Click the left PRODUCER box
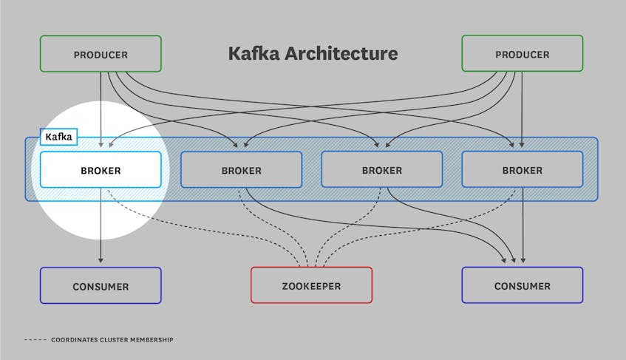pyautogui.click(x=101, y=54)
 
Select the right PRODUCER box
pyautogui.click(x=522, y=54)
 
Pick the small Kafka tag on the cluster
pyautogui.click(x=58, y=137)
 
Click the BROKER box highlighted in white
pyautogui.click(x=101, y=170)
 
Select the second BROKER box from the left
pyautogui.click(x=241, y=170)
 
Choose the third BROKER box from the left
pyautogui.click(x=381, y=170)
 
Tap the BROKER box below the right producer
pyautogui.click(x=522, y=170)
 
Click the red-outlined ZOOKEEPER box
pyautogui.click(x=311, y=285)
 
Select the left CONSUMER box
pyautogui.click(x=101, y=285)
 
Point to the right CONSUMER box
pyautogui.click(x=522, y=285)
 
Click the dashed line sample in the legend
pyautogui.click(x=35, y=339)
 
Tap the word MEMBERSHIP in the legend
pyautogui.click(x=147, y=339)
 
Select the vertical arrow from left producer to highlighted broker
pyautogui.click(x=101, y=111)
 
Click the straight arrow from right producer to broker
pyautogui.click(x=523, y=111)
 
